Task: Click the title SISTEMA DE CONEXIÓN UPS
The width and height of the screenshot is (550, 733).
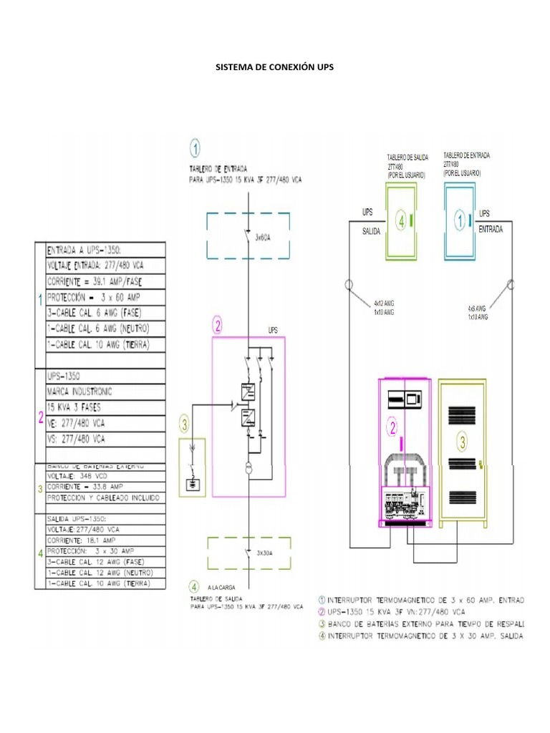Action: point(275,67)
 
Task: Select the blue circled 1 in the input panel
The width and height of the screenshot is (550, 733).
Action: point(459,221)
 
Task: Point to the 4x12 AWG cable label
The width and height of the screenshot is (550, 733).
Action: point(384,303)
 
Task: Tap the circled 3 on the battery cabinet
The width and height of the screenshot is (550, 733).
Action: point(463,442)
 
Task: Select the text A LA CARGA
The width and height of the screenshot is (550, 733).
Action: point(222,586)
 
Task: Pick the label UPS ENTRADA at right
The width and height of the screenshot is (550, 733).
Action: point(491,221)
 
